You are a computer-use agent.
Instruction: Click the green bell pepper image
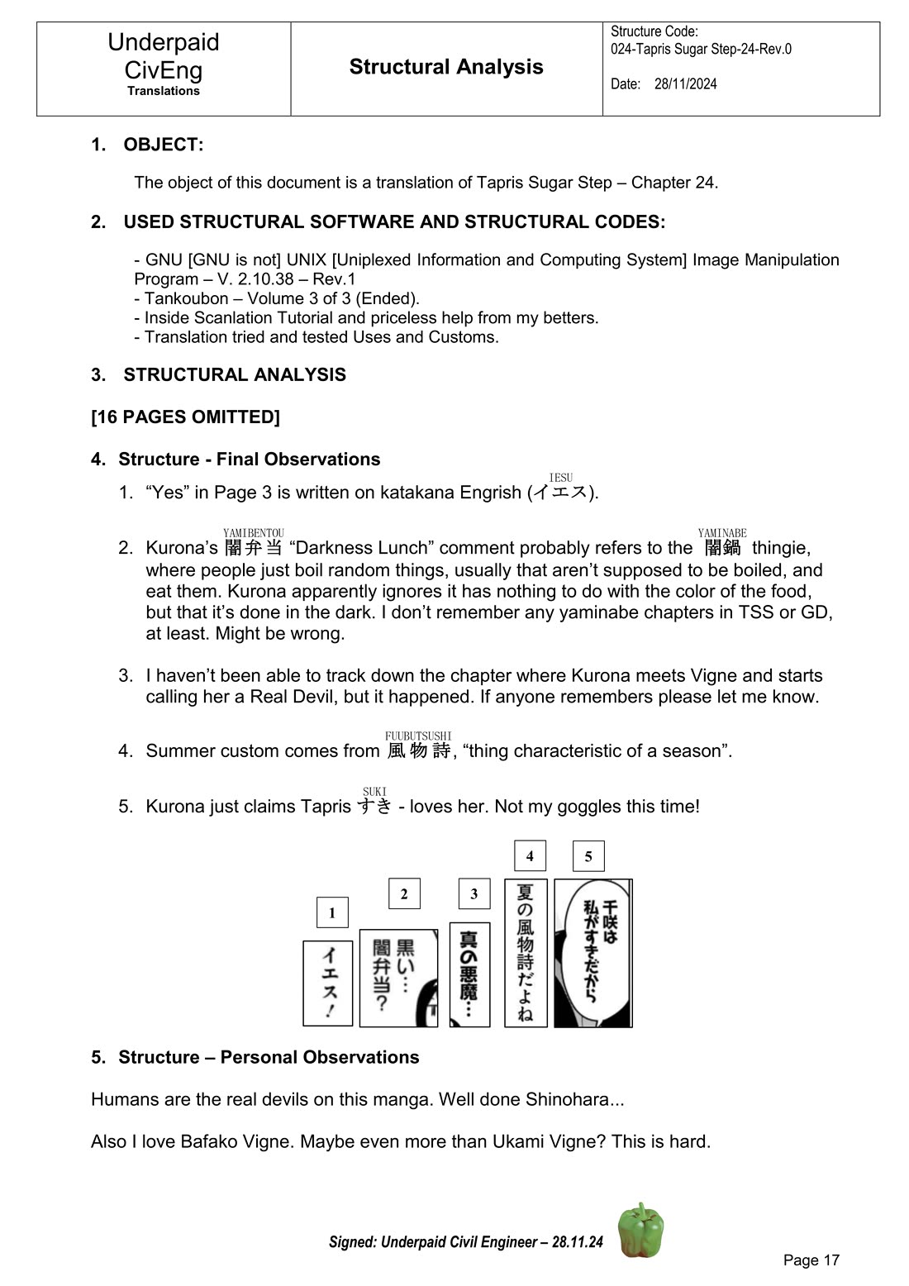[x=640, y=1230]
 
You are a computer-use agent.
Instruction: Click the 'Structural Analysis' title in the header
[x=446, y=67]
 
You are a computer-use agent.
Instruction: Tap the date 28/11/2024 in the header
[x=685, y=83]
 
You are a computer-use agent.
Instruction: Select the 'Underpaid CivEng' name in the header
[x=164, y=55]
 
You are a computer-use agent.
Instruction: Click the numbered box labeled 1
[x=332, y=912]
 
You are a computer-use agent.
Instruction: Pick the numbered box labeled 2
[x=404, y=893]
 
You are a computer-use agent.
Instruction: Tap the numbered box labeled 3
[x=474, y=893]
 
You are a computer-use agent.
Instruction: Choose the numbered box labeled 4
[x=530, y=855]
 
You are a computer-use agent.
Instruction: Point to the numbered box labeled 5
[x=588, y=856]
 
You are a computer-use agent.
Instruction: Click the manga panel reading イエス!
[x=328, y=983]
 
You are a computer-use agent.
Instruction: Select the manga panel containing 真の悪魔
[x=469, y=974]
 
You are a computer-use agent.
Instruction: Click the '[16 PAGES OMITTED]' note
[x=185, y=417]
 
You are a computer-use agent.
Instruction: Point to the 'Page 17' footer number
[x=811, y=1260]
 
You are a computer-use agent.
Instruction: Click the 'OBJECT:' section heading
[x=163, y=145]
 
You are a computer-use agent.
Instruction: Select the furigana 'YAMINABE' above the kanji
[x=722, y=533]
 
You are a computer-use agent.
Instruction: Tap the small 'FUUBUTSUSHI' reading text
[x=418, y=736]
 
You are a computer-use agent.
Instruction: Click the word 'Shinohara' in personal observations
[x=569, y=1099]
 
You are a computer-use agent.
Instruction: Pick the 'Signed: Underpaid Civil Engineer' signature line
[x=465, y=1241]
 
